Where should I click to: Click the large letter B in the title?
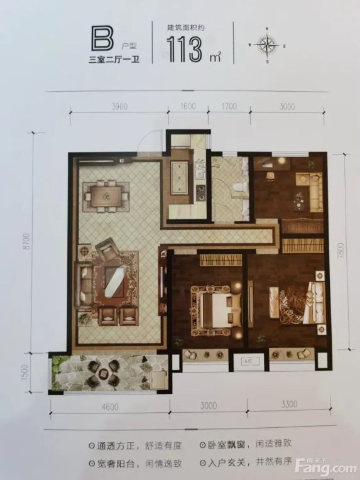102,38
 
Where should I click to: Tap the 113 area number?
184,49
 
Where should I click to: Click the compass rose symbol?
266,46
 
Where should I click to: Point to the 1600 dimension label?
188,106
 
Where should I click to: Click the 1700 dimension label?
229,106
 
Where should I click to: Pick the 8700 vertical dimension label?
26,241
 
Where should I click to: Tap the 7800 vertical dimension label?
341,251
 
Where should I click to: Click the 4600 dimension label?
110,407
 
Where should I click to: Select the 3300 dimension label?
289,404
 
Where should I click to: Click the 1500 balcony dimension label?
25,373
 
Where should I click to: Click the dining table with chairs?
106,196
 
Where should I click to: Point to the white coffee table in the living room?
115,281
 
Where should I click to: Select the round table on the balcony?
103,372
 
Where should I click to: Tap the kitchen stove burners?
201,193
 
